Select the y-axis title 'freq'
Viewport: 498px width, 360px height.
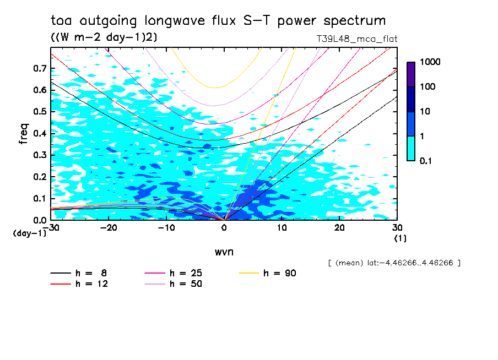point(24,134)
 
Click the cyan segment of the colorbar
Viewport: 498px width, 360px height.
point(410,148)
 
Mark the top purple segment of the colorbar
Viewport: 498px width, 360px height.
point(410,74)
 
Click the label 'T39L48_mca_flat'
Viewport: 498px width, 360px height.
point(356,39)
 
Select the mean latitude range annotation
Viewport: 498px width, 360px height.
point(393,263)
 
